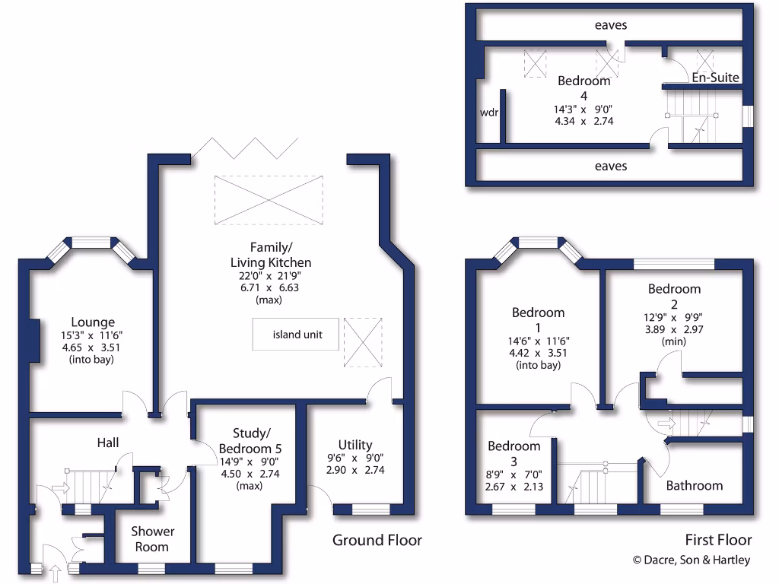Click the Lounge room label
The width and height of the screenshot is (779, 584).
[94, 322]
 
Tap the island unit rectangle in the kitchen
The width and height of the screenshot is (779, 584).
[297, 335]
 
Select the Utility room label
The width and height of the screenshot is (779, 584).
[355, 445]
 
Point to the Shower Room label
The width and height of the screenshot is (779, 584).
[152, 538]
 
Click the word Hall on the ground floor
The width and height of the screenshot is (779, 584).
[107, 443]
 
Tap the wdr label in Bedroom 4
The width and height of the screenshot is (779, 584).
[488, 112]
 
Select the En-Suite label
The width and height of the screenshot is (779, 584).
[715, 78]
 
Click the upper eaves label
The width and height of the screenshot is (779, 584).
[611, 25]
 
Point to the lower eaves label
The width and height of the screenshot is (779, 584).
[611, 165]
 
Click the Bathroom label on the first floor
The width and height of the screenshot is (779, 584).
[695, 485]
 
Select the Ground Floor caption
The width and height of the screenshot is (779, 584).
[377, 540]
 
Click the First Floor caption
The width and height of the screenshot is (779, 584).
[718, 540]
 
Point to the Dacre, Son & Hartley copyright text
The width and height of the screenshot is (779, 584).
[692, 560]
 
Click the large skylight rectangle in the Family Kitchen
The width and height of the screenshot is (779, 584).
[268, 200]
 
